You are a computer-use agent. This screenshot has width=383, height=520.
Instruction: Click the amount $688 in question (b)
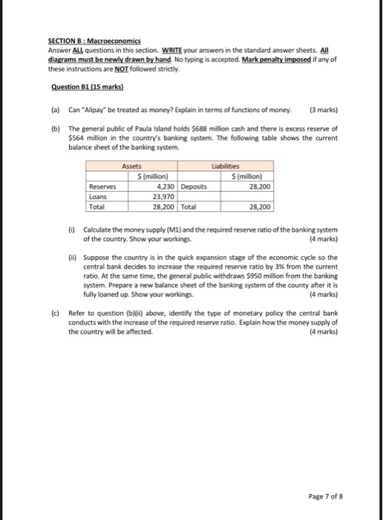tap(202, 129)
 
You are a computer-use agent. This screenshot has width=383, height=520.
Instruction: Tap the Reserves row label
tap(101, 187)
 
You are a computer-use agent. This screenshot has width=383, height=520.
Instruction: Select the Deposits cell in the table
tap(194, 187)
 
